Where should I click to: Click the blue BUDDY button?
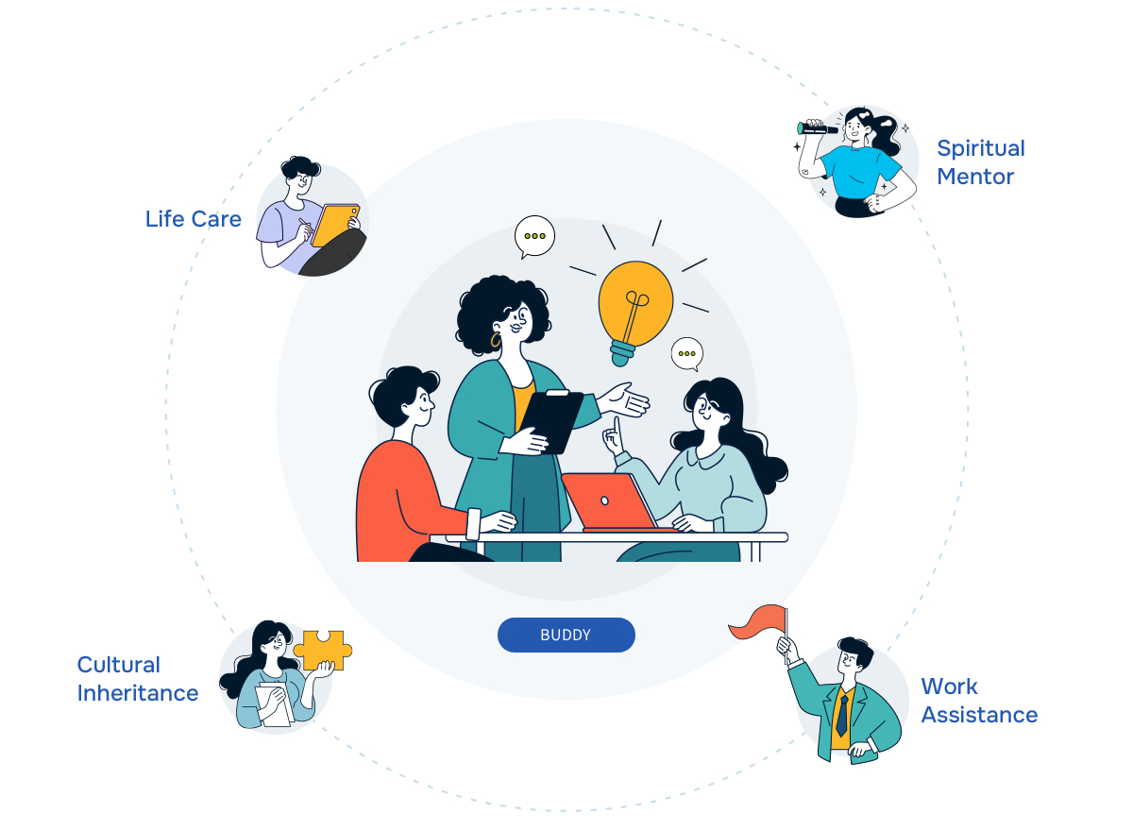(x=566, y=635)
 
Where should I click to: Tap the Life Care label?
(x=194, y=219)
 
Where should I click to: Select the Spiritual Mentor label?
(x=980, y=162)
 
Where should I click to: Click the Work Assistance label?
(x=979, y=701)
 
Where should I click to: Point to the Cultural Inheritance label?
(x=138, y=679)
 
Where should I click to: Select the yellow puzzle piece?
(x=323, y=650)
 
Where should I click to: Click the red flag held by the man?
(x=757, y=622)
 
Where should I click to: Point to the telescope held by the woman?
(x=817, y=128)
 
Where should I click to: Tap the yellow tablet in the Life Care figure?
(x=334, y=225)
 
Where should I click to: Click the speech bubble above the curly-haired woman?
(x=534, y=237)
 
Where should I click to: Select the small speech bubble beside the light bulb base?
(x=687, y=353)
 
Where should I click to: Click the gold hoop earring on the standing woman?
(x=495, y=339)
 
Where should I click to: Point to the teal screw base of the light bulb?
(x=622, y=353)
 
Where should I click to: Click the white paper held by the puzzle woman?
(x=275, y=704)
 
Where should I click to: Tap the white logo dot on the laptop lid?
(x=604, y=500)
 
